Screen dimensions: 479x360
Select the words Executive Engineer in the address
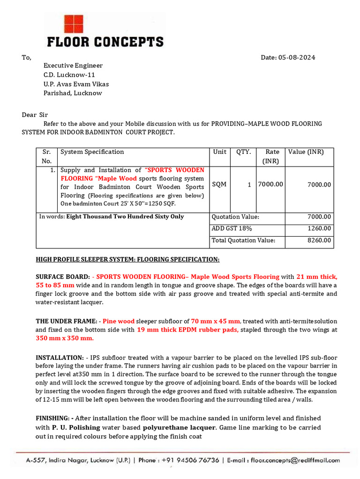click(73, 65)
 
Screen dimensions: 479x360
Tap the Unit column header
click(219, 152)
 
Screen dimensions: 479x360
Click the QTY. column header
click(243, 152)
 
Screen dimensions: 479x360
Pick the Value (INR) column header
click(306, 152)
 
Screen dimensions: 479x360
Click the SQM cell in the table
click(219, 184)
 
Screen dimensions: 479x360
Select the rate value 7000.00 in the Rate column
click(270, 184)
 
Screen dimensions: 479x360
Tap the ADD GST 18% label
click(232, 228)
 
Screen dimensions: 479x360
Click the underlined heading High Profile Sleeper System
click(127, 259)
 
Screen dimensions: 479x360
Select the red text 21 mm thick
click(316, 276)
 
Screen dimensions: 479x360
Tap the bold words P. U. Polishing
click(76, 428)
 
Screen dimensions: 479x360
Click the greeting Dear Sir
click(35, 115)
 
